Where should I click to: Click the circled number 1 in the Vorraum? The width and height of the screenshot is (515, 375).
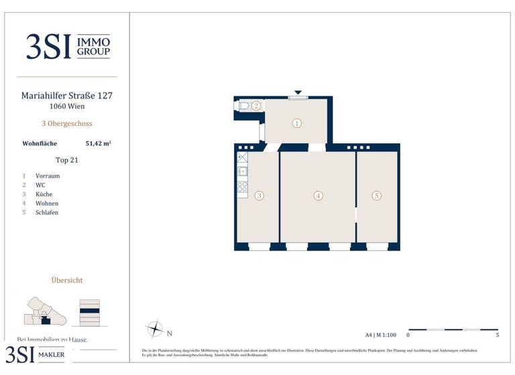(297, 123)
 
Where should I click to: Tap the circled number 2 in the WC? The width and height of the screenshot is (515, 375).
(255, 106)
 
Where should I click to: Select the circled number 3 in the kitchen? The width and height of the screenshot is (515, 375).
(260, 196)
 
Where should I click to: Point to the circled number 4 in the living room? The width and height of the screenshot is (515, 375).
(319, 196)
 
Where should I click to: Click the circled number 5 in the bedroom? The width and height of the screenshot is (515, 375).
(377, 196)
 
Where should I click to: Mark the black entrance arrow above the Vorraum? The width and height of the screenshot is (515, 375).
(298, 92)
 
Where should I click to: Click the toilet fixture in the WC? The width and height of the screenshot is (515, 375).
(244, 106)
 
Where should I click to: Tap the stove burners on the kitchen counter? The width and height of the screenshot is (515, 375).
(242, 186)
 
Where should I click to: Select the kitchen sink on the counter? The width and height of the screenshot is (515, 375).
(242, 171)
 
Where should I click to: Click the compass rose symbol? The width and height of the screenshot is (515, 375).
(155, 329)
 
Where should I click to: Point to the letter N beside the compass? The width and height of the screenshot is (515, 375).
(170, 333)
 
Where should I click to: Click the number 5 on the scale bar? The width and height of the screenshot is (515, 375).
(497, 335)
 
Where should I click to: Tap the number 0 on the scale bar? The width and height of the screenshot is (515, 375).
(408, 335)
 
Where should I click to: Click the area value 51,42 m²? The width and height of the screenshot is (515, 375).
(98, 143)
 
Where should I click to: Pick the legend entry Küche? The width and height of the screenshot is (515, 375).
(44, 194)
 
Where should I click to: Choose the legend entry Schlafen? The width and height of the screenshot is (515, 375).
(48, 212)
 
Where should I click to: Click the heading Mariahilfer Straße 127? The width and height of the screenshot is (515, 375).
(67, 96)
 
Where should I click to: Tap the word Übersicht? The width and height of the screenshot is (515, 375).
(67, 280)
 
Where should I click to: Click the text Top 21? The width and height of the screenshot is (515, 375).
(67, 160)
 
